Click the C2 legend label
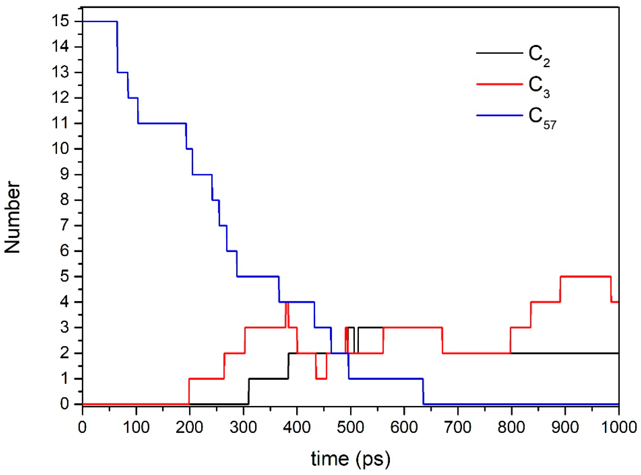(x=538, y=56)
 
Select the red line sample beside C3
(x=499, y=84)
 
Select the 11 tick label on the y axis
(x=60, y=124)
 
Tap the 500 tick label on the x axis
(x=350, y=427)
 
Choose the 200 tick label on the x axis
(x=189, y=427)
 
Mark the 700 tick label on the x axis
(x=458, y=427)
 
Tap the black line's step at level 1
(x=268, y=379)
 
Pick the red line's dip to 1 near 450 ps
(x=321, y=379)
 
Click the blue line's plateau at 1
(x=386, y=379)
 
